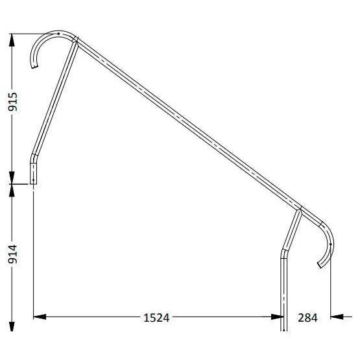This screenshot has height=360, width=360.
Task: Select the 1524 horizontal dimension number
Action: pos(156,317)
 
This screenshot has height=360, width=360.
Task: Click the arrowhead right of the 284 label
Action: pos(337,317)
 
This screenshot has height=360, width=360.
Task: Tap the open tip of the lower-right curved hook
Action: pos(320,265)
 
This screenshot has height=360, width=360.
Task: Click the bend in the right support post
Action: pos(283,252)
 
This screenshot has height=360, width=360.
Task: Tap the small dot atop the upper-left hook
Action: pos(59,33)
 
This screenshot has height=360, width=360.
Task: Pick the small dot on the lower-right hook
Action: pos(331,244)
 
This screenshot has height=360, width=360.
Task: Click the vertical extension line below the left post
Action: pos(32,253)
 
